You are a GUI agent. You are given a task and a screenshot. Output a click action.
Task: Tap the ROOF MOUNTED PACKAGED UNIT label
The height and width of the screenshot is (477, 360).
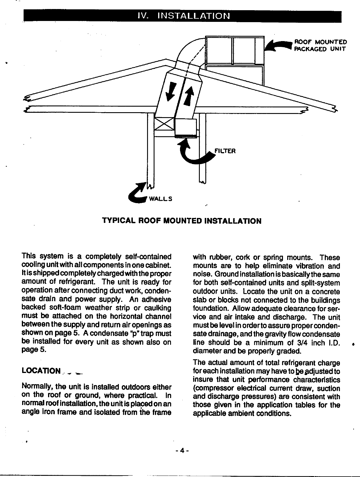tap(320, 45)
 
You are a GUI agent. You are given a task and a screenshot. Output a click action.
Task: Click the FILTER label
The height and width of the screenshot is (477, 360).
tap(225, 151)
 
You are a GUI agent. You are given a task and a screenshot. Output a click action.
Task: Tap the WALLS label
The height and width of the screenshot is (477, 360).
tap(160, 199)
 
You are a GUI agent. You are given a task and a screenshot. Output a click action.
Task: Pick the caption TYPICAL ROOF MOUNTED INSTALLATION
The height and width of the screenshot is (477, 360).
tap(182, 221)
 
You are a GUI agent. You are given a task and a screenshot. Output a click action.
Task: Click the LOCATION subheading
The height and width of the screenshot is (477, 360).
tap(41, 371)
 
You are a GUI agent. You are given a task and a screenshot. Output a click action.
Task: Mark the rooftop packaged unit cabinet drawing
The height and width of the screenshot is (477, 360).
tap(234, 60)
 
